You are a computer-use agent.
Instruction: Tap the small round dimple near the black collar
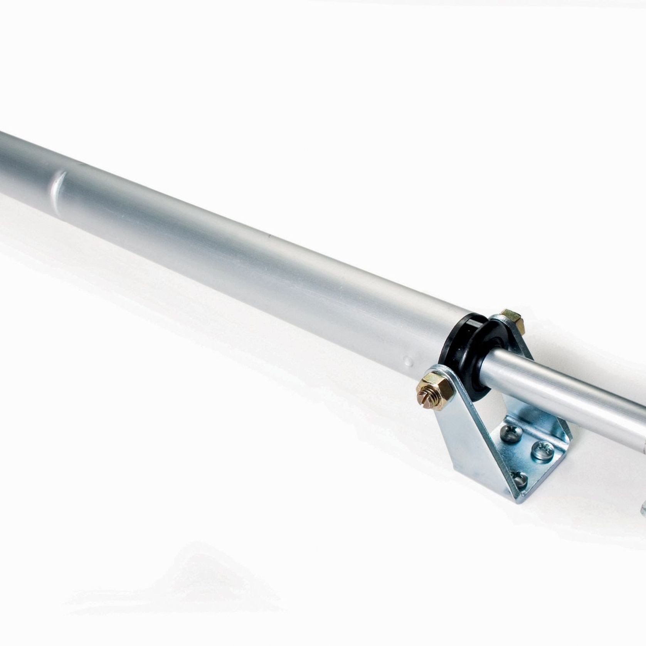[x=408, y=361]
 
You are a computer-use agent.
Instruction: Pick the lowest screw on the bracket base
[x=519, y=480]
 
